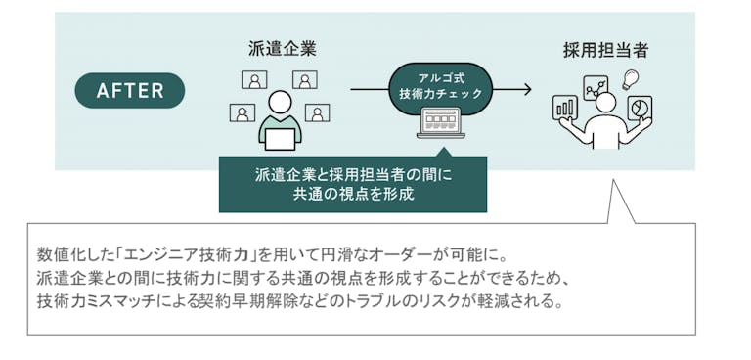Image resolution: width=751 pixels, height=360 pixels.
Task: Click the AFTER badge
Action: click(x=130, y=90)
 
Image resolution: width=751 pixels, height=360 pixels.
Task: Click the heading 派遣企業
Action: click(x=282, y=47)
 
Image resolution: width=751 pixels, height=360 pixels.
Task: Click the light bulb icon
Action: click(x=631, y=79)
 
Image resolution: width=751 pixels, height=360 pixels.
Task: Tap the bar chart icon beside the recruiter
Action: click(x=565, y=107)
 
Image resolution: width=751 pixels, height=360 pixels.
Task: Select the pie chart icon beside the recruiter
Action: click(x=640, y=107)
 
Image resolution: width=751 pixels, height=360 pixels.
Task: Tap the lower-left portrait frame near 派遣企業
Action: click(x=243, y=112)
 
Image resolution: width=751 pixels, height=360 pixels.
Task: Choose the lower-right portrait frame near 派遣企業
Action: click(x=317, y=112)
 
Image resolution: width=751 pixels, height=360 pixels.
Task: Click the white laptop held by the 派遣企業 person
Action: click(x=280, y=139)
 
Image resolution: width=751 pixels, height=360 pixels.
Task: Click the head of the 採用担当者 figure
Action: click(x=605, y=102)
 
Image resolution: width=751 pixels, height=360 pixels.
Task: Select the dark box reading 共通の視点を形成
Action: click(x=353, y=184)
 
